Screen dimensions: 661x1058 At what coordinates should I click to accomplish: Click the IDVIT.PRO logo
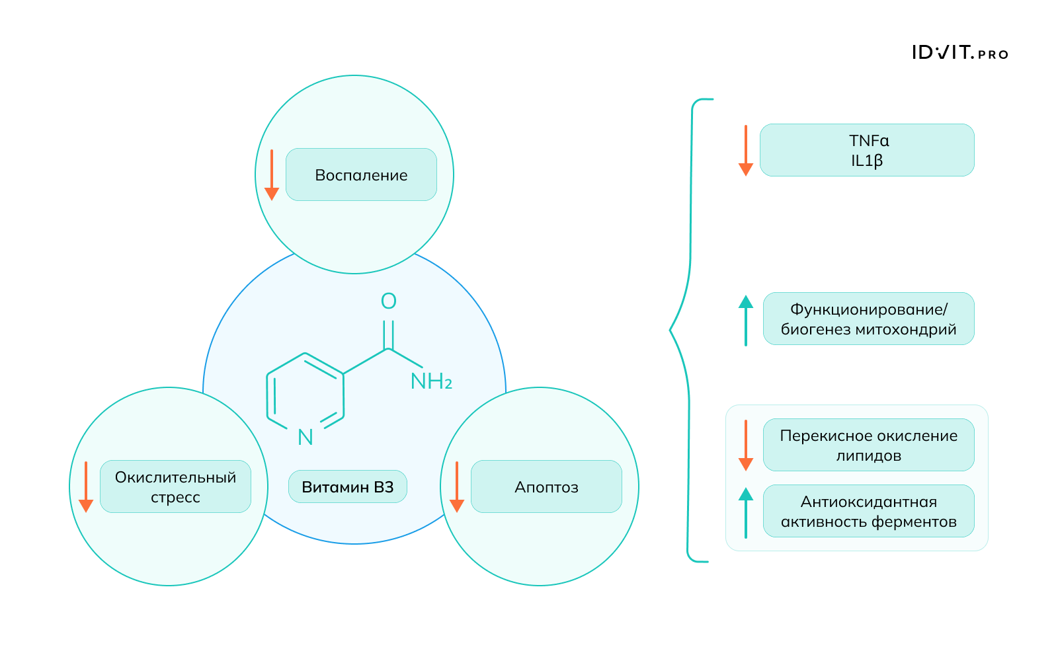tap(959, 53)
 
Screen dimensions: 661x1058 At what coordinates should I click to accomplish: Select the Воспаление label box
tap(361, 175)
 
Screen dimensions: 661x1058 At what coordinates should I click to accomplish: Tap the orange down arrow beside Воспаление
tap(272, 176)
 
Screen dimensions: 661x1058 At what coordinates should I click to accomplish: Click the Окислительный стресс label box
tap(175, 486)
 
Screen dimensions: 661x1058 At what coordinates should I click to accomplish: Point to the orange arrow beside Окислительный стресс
tap(86, 488)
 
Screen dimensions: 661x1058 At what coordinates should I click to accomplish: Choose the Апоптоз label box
tap(546, 486)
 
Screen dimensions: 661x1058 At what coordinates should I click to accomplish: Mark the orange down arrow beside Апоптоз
tap(457, 488)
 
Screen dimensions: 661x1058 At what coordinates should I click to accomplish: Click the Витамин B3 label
tap(348, 486)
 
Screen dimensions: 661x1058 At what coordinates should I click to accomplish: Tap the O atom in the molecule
tap(389, 301)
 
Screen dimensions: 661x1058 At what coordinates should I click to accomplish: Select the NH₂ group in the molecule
tap(431, 381)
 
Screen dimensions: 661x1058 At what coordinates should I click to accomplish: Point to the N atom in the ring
tap(305, 437)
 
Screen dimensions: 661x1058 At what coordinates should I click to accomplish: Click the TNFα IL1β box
tap(867, 150)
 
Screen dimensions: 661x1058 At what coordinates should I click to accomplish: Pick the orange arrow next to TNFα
tap(746, 151)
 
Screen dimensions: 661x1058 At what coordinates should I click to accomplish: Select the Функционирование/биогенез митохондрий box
tap(868, 319)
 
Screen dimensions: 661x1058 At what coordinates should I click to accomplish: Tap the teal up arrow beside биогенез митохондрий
tap(746, 320)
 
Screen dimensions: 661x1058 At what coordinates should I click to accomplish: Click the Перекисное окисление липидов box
tap(868, 445)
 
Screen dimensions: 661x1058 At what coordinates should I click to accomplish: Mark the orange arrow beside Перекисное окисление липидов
tap(746, 446)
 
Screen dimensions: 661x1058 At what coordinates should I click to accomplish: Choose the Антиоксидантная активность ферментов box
tap(868, 511)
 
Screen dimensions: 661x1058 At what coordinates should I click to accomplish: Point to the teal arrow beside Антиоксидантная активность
tap(746, 512)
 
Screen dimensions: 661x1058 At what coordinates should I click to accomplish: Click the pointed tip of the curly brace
tap(671, 329)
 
